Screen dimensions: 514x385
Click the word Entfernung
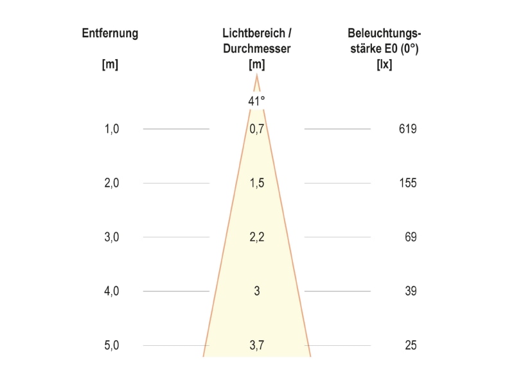[x=110, y=33]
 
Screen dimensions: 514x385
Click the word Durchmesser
[x=256, y=49]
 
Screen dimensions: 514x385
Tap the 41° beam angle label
[x=256, y=101]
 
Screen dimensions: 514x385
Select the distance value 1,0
[x=112, y=129]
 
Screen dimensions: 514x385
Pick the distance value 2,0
[x=112, y=183]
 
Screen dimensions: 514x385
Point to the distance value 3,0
[x=112, y=237]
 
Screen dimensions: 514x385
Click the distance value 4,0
[x=112, y=291]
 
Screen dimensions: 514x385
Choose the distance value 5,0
[x=112, y=345]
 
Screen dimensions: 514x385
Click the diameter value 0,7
[x=256, y=129]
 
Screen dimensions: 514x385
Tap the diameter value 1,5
[x=257, y=183]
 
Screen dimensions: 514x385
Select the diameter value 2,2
[x=256, y=237]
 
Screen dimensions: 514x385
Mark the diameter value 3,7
[x=256, y=345]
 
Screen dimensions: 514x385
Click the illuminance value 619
[x=408, y=129]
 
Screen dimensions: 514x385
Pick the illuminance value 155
[x=408, y=183]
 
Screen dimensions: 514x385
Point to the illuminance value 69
[x=411, y=237]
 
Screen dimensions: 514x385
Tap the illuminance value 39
[x=411, y=291]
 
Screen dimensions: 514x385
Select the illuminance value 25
[x=411, y=345]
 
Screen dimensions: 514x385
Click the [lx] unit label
[x=384, y=64]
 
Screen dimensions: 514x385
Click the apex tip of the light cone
[x=256, y=75]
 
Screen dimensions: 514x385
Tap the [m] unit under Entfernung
[x=110, y=64]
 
